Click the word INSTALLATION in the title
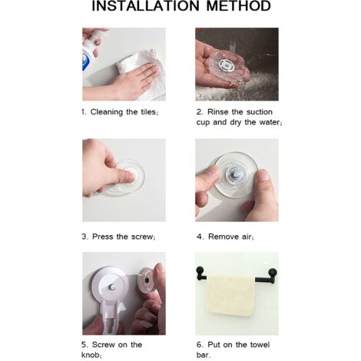click(145, 6)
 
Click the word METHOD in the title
click(239, 6)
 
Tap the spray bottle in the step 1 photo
click(90, 51)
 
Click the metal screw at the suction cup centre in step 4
click(236, 175)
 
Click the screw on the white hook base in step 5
click(112, 286)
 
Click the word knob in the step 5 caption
click(90, 355)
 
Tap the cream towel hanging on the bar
click(230, 296)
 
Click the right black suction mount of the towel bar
click(273, 273)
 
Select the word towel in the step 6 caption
click(260, 345)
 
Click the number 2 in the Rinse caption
click(199, 112)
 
